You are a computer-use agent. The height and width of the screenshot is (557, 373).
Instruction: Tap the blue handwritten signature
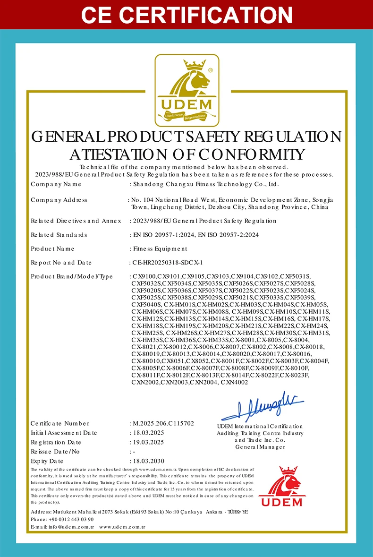point(262,406)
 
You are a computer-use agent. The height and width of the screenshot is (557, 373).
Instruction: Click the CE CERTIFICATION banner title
point(186,14)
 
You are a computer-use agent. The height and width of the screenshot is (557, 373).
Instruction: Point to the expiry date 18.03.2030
point(149,461)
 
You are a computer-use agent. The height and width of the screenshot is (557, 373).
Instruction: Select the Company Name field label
point(56,184)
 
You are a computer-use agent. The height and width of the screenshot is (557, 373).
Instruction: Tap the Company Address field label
point(59,200)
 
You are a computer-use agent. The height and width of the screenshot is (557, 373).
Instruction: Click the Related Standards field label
point(59,234)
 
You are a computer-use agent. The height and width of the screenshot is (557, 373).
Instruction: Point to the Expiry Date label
point(47,461)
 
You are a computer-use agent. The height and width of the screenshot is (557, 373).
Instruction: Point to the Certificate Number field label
point(60,423)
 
